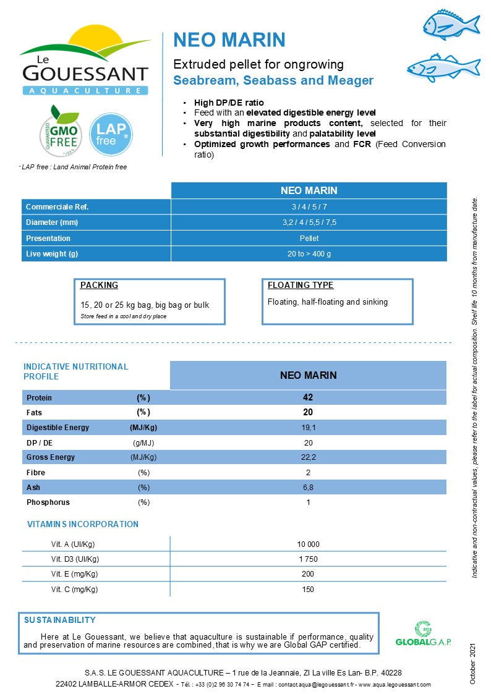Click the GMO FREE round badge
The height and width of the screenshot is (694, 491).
61,131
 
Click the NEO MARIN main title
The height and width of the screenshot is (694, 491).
229,40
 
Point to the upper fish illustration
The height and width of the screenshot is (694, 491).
450,25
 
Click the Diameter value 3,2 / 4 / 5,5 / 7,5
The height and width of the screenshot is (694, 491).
309,222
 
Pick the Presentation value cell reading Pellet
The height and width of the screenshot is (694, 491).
309,238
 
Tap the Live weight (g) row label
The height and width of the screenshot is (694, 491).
52,254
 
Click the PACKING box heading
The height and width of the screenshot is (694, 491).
99,286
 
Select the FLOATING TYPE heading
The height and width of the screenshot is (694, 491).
301,286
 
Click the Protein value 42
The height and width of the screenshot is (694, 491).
308,397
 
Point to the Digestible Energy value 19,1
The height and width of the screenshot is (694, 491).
308,428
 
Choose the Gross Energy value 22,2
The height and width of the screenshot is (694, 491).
308,457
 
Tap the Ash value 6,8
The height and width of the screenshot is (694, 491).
308,488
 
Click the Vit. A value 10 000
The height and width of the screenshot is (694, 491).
308,544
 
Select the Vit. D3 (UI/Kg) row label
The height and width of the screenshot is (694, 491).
75,559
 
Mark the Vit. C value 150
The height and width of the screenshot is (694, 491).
308,590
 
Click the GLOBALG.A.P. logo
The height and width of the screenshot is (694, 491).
423,635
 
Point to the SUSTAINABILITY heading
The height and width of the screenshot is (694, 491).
59,620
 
